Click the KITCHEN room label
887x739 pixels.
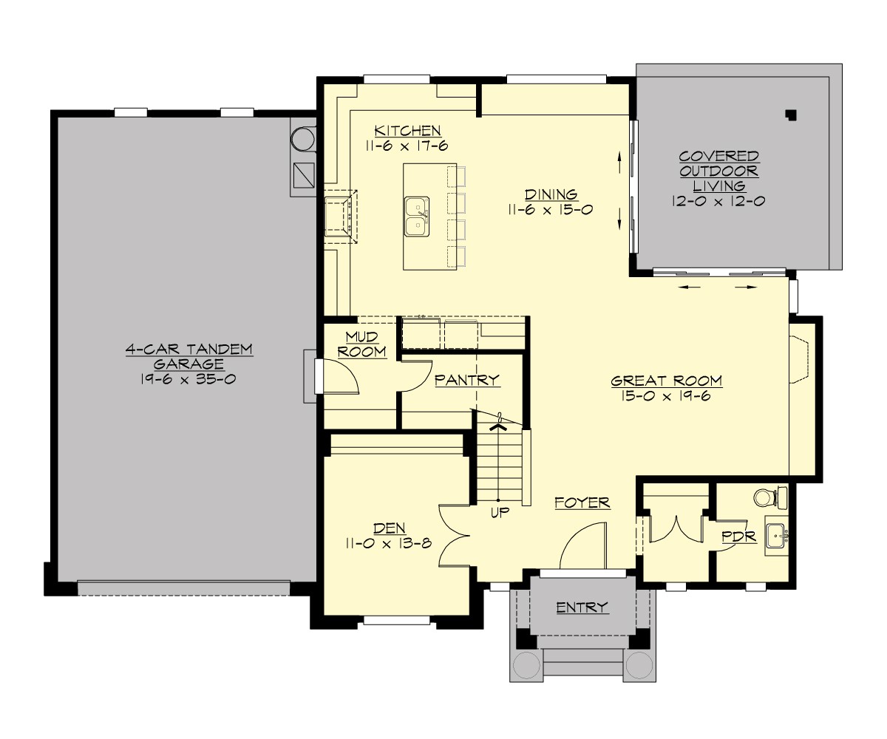(407, 131)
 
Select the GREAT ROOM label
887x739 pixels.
(666, 381)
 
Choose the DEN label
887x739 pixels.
(389, 528)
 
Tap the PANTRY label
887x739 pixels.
(467, 380)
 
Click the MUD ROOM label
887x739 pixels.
(362, 344)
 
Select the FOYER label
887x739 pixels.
(582, 503)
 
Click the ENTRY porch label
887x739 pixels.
(582, 607)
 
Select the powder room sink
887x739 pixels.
(776, 534)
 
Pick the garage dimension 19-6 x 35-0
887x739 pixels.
(188, 378)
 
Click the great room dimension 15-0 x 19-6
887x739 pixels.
(666, 397)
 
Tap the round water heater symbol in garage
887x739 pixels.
(302, 138)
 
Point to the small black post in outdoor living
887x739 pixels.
(792, 115)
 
